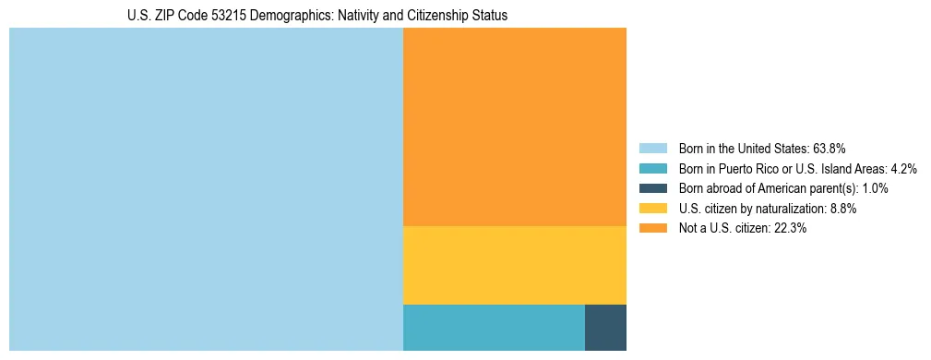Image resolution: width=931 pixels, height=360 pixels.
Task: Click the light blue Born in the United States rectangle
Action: [206, 189]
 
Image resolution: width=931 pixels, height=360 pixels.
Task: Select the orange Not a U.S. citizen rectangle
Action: [515, 126]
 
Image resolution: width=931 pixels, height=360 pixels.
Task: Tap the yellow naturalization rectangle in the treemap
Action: [515, 265]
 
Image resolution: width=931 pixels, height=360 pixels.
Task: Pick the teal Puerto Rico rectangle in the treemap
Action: [494, 327]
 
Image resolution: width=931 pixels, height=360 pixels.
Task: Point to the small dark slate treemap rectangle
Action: [605, 327]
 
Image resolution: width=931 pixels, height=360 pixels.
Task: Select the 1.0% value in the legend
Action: [875, 188]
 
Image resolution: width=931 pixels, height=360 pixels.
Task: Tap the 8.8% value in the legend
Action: [841, 209]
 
